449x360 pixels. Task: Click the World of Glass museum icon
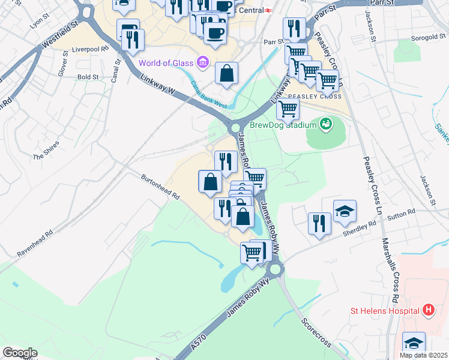(x=202, y=62)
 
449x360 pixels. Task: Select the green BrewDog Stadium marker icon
(x=326, y=124)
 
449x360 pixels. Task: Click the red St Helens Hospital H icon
(x=428, y=310)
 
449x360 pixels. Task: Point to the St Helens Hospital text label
(x=384, y=311)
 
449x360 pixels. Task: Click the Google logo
(x=19, y=353)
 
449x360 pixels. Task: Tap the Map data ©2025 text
(x=423, y=355)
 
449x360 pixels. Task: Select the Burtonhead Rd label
(x=160, y=187)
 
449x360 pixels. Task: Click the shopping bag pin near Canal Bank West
(x=227, y=74)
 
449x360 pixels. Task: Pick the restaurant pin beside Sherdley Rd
(x=319, y=223)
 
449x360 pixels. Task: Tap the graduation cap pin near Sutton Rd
(x=345, y=211)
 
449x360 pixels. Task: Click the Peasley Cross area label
(x=315, y=97)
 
